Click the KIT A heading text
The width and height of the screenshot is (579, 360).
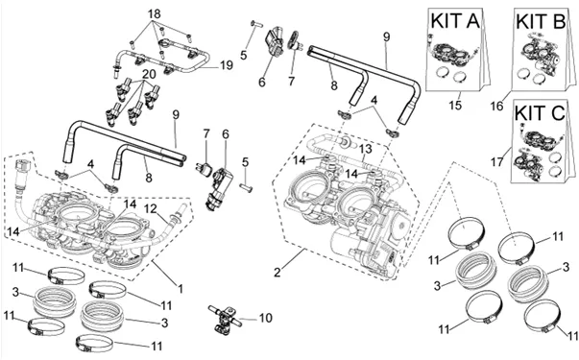pos(455,21)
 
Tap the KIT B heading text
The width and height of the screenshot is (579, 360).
pos(541,21)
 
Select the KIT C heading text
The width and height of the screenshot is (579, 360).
pos(540,112)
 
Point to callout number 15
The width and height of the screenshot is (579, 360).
pos(455,105)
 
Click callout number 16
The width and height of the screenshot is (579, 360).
pos(496,106)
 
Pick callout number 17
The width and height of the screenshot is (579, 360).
pos(497,161)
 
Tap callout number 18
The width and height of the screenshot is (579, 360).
pos(155,14)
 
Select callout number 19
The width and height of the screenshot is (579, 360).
pos(227,65)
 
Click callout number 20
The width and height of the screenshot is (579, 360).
pos(149,74)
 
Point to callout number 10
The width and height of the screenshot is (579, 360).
pos(265,318)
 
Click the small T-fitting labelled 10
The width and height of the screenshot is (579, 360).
pos(224,318)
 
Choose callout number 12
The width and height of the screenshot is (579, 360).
pos(151,208)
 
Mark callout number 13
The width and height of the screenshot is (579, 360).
pos(366,150)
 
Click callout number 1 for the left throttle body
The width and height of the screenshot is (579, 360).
pos(181,288)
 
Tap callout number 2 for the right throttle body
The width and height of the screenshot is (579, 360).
pos(277,273)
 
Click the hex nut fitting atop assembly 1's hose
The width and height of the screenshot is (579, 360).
pos(23,165)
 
